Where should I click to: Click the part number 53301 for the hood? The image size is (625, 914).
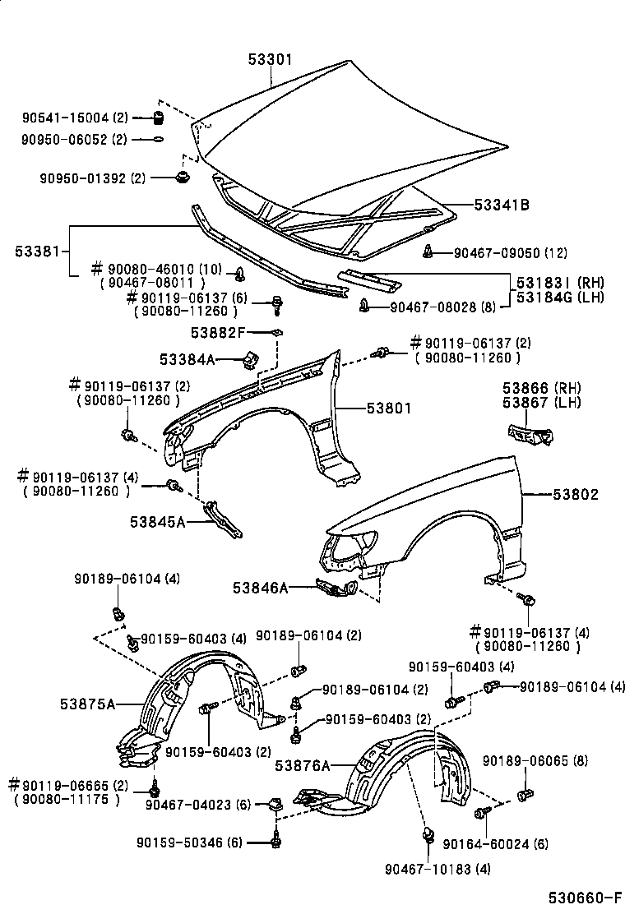271,60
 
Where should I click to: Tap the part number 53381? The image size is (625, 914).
35,250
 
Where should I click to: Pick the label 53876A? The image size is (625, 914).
302,766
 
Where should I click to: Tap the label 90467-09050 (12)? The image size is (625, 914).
510,252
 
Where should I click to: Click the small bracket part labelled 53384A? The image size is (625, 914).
250,359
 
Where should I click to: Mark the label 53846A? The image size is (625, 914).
260,588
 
